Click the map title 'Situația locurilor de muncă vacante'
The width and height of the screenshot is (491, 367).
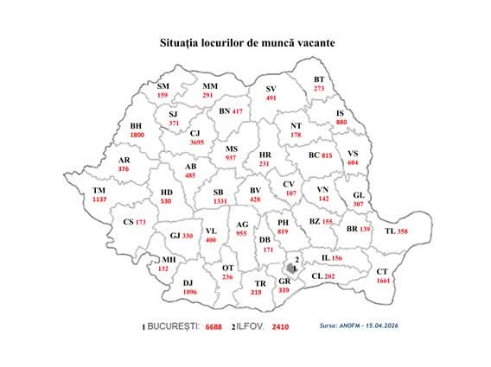point(246,41)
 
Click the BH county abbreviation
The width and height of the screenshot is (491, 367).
point(136,126)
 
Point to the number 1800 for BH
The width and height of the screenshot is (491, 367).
point(137,136)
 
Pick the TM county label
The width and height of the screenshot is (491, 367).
point(99,190)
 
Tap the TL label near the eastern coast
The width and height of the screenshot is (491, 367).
point(390,231)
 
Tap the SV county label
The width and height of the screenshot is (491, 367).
point(271,90)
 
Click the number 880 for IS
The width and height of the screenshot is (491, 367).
point(341,123)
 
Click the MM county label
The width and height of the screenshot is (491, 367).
point(210,86)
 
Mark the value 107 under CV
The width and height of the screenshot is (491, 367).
point(290,193)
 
